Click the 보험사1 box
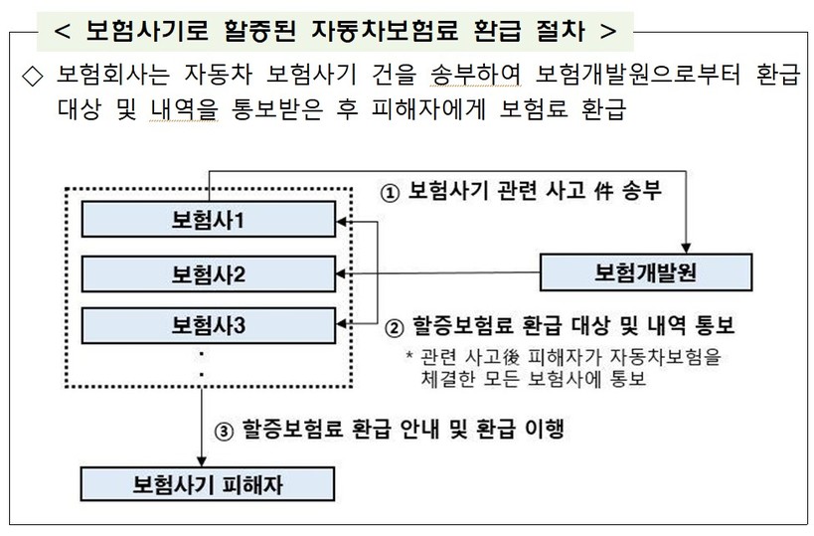(x=208, y=221)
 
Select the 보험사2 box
(x=208, y=272)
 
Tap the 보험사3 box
(x=208, y=324)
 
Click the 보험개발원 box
(x=645, y=270)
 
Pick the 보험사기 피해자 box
(x=208, y=484)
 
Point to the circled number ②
(x=394, y=326)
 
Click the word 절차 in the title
(x=563, y=29)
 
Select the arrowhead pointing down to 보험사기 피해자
(x=202, y=461)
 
